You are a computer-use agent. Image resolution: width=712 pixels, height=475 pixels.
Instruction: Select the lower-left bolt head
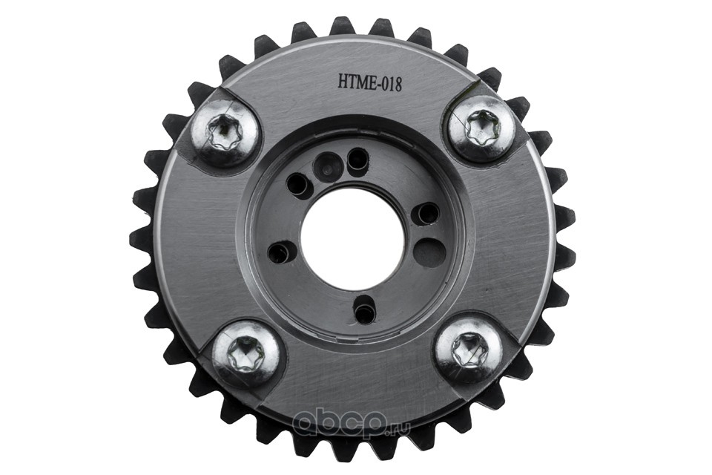point(245,352)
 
